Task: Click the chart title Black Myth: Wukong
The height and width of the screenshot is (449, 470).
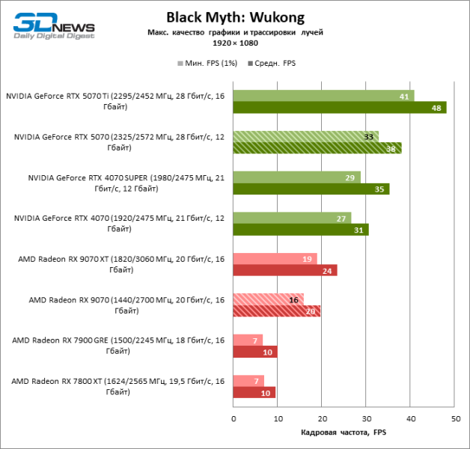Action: click(235, 17)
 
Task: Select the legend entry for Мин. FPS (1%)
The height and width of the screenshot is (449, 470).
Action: click(207, 64)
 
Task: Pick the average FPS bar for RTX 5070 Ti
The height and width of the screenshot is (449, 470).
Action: click(340, 108)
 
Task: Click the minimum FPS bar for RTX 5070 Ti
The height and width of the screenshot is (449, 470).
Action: click(323, 97)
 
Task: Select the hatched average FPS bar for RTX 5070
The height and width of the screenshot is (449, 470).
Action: click(317, 148)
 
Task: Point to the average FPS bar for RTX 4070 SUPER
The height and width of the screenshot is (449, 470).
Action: click(311, 189)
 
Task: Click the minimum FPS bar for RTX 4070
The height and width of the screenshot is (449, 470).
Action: click(292, 218)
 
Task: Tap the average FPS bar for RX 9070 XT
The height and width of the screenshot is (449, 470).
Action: click(285, 270)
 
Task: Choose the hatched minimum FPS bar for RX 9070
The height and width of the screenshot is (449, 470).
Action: click(269, 299)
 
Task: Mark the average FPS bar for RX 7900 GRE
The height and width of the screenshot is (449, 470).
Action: click(255, 352)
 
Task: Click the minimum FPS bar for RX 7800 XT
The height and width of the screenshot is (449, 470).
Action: click(248, 381)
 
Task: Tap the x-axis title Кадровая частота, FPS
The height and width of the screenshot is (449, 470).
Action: click(344, 433)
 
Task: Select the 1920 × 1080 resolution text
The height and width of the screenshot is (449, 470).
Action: click(235, 43)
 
